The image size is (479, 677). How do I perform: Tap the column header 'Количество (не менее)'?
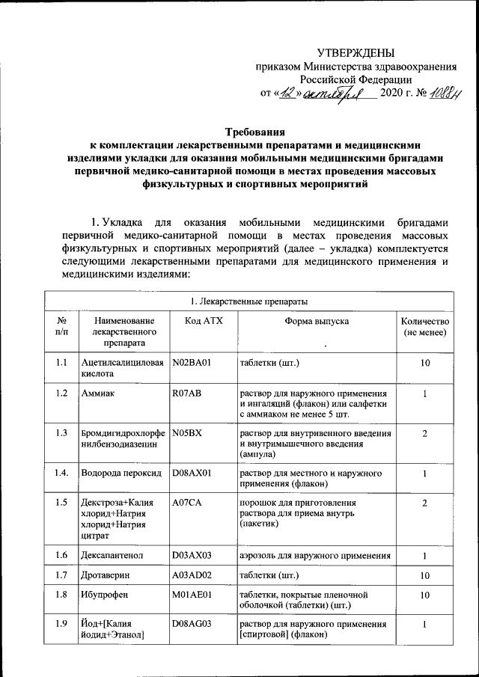(x=425, y=325)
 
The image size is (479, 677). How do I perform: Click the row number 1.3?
(x=62, y=433)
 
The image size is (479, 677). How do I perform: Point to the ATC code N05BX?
(x=187, y=433)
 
